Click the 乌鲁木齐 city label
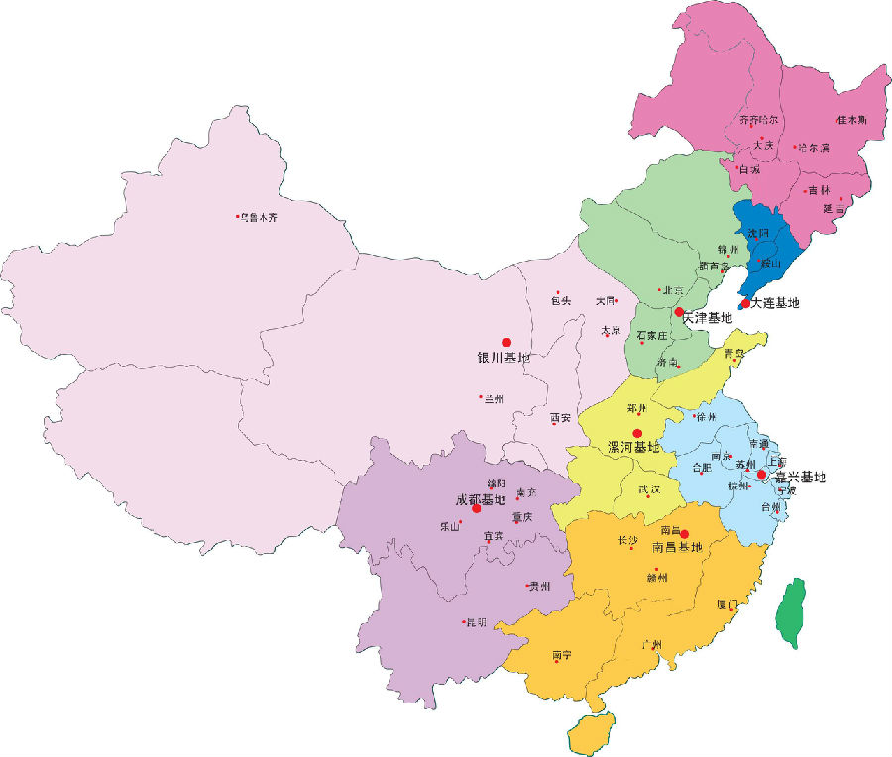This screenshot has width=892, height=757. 259,217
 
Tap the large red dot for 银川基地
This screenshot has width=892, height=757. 506,342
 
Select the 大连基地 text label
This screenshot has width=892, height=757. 775,303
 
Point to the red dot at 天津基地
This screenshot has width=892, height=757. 679,312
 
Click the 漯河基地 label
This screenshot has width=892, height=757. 632,448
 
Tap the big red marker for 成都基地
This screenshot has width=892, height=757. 477,508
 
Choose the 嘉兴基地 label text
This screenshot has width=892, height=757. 800,477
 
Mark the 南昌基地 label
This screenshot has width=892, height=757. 676,546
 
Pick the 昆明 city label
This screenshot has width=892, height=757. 477,623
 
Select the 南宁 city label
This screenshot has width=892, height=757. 562,654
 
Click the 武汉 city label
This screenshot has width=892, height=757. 651,489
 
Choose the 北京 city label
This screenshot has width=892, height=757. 673,290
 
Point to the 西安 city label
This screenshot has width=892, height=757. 561,418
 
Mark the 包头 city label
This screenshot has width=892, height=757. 562,300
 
